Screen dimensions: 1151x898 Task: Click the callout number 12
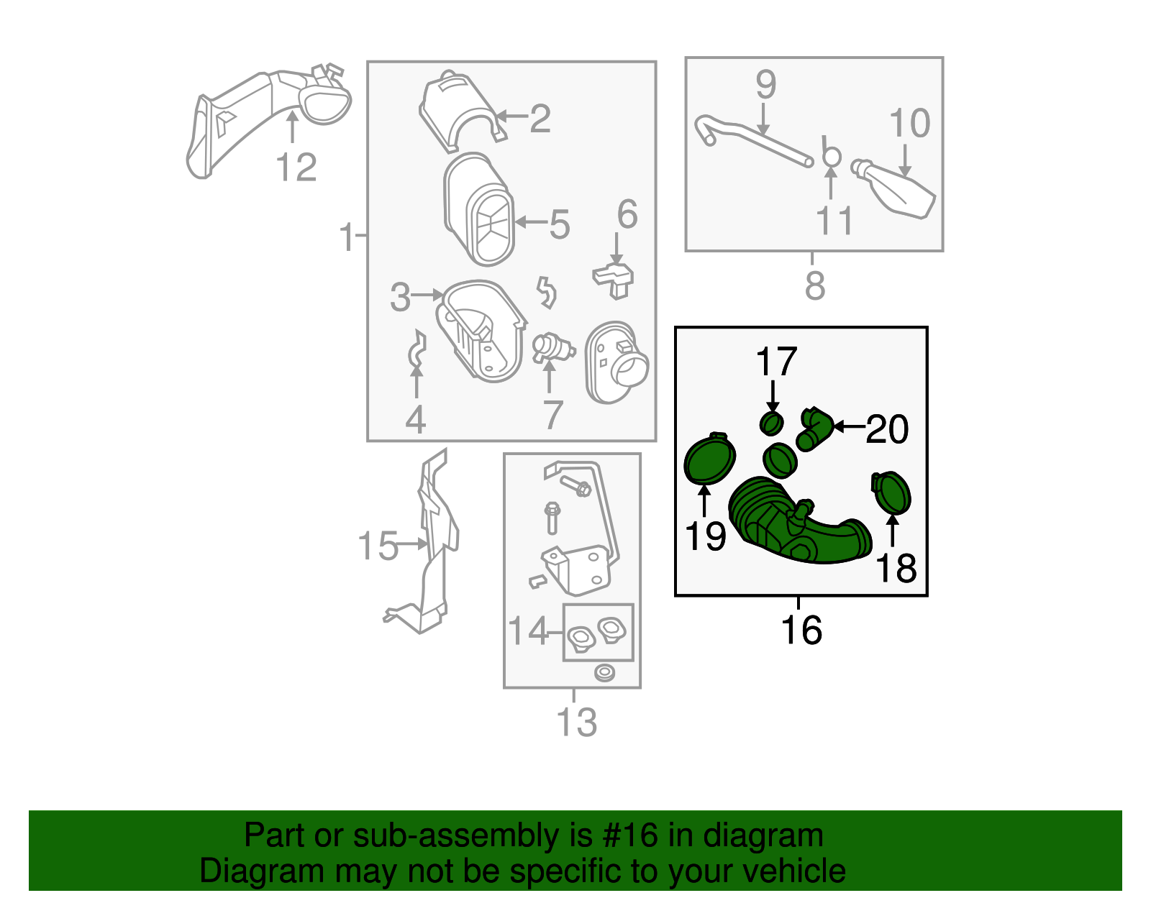pyautogui.click(x=296, y=167)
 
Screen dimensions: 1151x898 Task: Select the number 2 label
pyautogui.click(x=540, y=119)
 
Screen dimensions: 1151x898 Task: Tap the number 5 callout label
pyautogui.click(x=560, y=224)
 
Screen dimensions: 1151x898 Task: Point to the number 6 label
pyautogui.click(x=627, y=214)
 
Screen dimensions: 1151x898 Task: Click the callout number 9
pyautogui.click(x=766, y=83)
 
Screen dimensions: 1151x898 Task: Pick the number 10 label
pyautogui.click(x=909, y=123)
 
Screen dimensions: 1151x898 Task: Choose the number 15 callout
pyautogui.click(x=378, y=546)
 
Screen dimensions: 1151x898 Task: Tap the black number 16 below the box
pyautogui.click(x=801, y=630)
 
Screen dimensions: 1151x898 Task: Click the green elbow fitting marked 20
pyautogui.click(x=814, y=429)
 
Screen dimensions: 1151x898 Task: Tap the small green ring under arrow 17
pyautogui.click(x=772, y=423)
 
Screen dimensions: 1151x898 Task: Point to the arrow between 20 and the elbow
pyautogui.click(x=849, y=426)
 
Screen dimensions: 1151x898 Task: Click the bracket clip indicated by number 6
pyautogui.click(x=614, y=280)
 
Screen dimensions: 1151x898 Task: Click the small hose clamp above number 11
pyautogui.click(x=831, y=153)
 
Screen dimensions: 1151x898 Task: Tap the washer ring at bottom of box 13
pyautogui.click(x=604, y=673)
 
